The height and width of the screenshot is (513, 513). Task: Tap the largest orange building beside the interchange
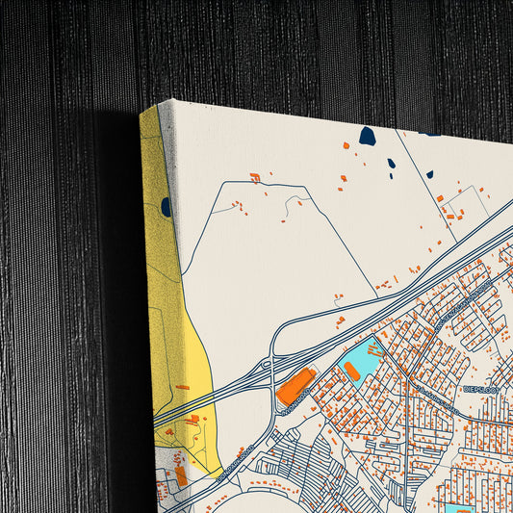point(295,385)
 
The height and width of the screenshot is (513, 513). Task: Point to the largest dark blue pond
point(367,137)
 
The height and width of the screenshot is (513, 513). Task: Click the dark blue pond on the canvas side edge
point(166,206)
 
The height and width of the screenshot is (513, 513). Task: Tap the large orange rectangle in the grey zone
point(180,475)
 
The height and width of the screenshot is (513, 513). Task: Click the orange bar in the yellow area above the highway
point(183,387)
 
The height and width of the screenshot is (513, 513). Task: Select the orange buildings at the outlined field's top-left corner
point(255,178)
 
